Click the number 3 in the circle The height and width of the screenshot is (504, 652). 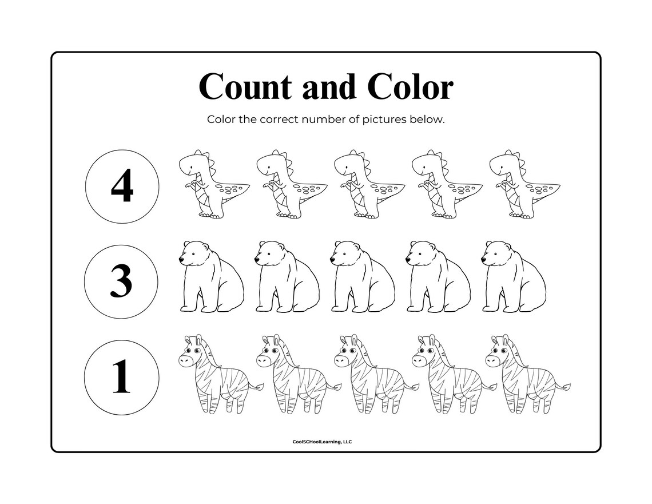[121, 281]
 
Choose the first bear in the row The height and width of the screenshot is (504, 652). [210, 277]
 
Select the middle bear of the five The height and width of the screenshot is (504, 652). [362, 277]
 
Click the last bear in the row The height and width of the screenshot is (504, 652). [513, 277]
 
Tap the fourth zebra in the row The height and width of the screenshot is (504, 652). [450, 375]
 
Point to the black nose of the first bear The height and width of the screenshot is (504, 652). [181, 260]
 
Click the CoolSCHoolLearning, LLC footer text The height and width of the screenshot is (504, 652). [325, 441]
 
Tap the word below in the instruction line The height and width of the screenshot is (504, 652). [430, 120]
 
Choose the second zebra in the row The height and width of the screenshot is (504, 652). [294, 375]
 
